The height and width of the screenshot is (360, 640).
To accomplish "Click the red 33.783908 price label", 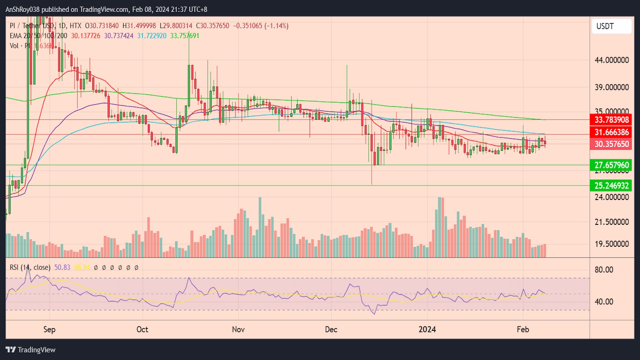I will pos(611,120).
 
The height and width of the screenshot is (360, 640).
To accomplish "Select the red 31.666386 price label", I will pos(611,132).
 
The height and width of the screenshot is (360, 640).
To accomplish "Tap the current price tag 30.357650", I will pos(611,144).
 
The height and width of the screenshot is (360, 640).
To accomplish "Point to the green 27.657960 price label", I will pos(611,165).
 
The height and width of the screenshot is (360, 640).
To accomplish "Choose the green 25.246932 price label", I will pos(611,186).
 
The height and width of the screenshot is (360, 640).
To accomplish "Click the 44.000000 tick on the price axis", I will pos(612,60).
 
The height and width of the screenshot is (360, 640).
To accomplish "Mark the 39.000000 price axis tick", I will pos(612,87).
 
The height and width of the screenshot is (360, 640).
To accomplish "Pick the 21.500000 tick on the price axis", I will pos(612,222).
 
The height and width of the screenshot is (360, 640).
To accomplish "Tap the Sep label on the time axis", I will pos(49,329).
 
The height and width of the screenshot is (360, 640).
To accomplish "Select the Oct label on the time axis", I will pos(142,329).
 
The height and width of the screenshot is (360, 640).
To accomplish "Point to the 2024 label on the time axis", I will pos(427,329).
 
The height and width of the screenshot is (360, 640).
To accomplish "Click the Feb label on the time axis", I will pos(523,329).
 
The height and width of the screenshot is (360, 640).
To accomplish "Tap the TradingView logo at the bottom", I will pos(31,350).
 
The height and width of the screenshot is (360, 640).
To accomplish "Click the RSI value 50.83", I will pos(62,267).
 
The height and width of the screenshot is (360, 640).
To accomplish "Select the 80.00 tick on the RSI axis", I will pos(604,270).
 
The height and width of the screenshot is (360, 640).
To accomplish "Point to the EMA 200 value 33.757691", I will pos(184,36).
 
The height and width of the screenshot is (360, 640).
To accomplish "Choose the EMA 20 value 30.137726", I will pos(86,36).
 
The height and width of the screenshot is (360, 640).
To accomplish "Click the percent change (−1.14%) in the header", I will pos(276,26).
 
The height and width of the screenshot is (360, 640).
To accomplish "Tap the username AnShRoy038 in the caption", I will pos(22,9).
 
